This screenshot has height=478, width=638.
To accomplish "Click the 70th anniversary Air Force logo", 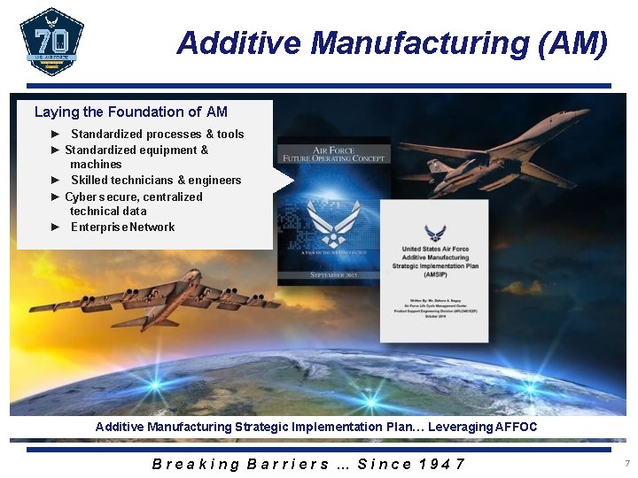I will coord(51,42).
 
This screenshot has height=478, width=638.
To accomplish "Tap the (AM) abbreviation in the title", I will coord(573,42).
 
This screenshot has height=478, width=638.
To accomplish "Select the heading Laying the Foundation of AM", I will coord(131,112).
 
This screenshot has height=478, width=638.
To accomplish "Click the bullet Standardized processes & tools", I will coord(157,135).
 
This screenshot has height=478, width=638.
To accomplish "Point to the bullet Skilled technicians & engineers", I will coord(156,181).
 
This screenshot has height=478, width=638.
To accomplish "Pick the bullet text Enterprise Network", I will coord(122,227).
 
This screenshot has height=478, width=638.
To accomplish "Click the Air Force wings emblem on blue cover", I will coord(333,226).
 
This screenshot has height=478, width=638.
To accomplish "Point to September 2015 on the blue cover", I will coord(334,274).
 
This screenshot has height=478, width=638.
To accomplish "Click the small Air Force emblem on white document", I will coord(434,233).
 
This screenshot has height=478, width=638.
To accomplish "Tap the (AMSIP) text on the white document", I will coord(434,274).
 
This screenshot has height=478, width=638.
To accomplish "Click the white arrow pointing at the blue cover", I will coord(283,181).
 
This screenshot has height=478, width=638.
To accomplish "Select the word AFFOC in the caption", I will coord(516,428).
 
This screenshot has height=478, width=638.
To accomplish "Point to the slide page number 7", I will coord(626,464).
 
